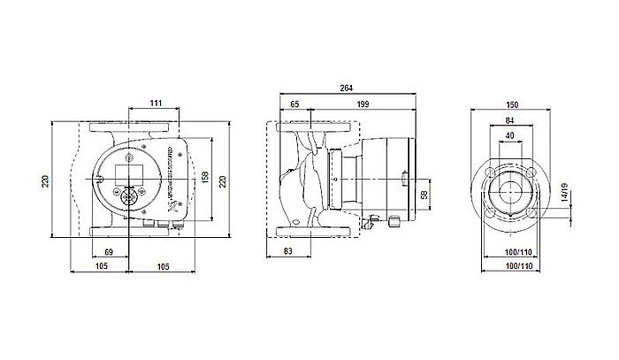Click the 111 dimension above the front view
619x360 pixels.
(155, 105)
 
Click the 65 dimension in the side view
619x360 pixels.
(294, 105)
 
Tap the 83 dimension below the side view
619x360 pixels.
(288, 253)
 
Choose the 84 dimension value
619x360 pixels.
(508, 121)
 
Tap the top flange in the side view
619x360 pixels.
(316, 130)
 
